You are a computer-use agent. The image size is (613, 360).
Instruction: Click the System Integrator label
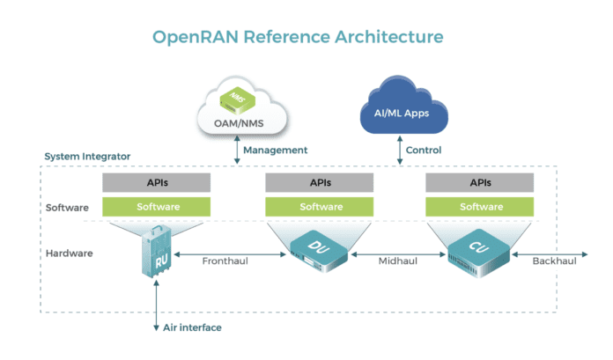point(87,157)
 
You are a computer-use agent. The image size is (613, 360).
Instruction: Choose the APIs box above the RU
point(157,183)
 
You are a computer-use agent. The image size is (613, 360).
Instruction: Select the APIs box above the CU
point(479,183)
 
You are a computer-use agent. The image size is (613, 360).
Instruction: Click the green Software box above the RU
point(157,208)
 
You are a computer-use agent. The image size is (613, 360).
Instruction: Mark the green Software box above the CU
point(479,208)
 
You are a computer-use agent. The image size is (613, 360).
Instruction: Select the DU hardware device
point(319,250)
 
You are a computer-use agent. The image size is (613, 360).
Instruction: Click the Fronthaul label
point(225,261)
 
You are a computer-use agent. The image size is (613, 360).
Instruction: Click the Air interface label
point(192,327)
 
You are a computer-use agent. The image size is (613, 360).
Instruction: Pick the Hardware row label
point(70,253)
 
